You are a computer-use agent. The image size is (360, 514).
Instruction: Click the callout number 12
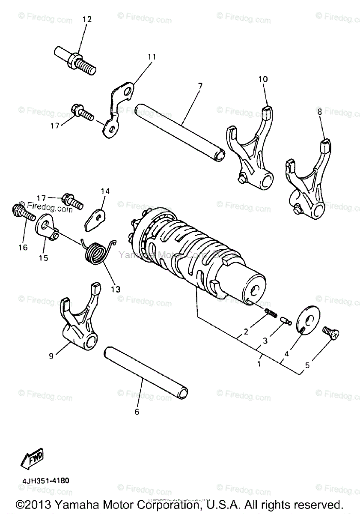pos(87,19)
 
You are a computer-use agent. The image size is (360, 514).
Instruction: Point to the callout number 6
pos(137,412)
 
